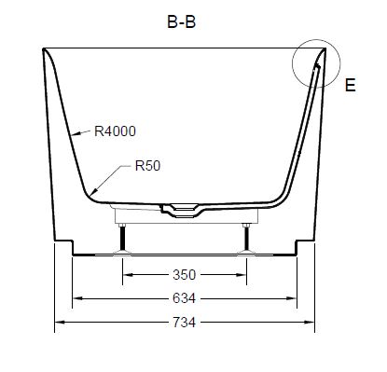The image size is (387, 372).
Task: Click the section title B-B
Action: pyautogui.click(x=182, y=22)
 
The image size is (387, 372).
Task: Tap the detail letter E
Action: pyautogui.click(x=351, y=85)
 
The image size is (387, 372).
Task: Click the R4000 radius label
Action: pyautogui.click(x=115, y=131)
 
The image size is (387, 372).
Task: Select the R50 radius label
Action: pyautogui.click(x=147, y=166)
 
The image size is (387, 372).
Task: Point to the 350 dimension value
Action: pyautogui.click(x=184, y=275)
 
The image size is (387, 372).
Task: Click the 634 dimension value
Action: pyautogui.click(x=184, y=298)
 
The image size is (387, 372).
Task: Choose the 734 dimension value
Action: pyautogui.click(x=184, y=323)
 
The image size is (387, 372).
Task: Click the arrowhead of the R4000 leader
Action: pyautogui.click(x=76, y=133)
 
